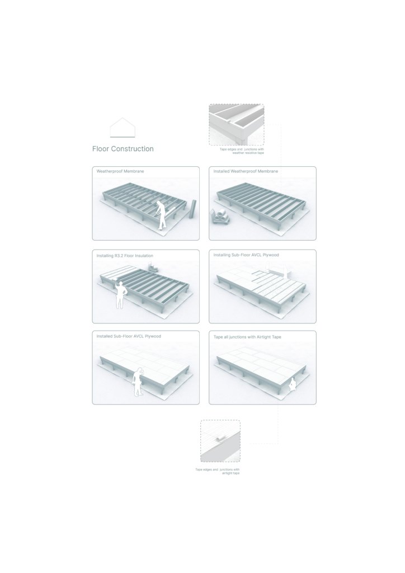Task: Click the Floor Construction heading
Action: pos(123,149)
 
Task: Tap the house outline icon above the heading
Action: pos(123,128)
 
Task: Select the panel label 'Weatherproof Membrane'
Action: pos(120,171)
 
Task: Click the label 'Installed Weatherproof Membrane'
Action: pos(246,171)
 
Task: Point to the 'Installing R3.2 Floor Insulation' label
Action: pos(125,256)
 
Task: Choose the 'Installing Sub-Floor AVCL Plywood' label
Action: pos(246,255)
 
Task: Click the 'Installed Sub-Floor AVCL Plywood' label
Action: pos(129,336)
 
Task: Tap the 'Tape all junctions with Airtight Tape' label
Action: pos(247,337)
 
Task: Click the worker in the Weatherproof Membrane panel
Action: pos(161,215)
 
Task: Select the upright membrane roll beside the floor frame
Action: pos(193,209)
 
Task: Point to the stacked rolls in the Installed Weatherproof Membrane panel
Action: pos(219,216)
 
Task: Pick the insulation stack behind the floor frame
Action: pos(153,267)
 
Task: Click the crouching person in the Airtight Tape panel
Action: pos(292,385)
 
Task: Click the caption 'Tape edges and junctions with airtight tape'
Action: pos(218,471)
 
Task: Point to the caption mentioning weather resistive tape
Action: pos(242,151)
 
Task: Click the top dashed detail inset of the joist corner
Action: pos(237,125)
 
